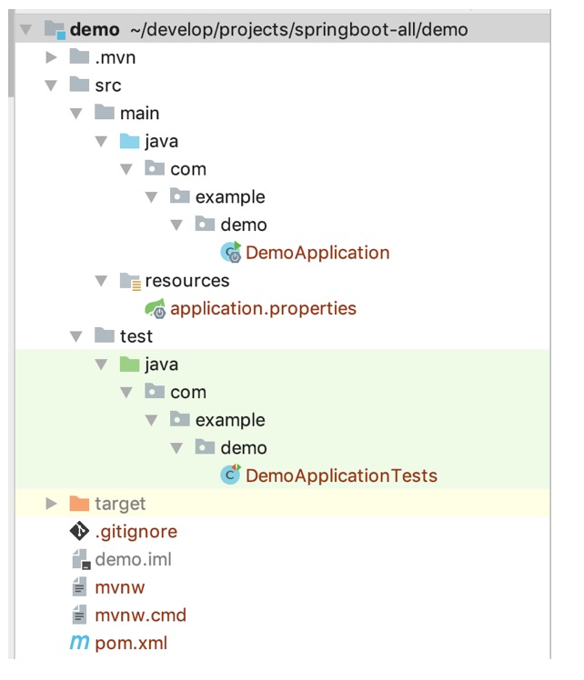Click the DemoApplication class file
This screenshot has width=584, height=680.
point(317,253)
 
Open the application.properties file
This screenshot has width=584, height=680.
point(263,308)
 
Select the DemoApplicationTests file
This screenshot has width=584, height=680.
point(341,475)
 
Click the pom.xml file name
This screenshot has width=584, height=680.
point(131,644)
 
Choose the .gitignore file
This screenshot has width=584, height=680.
point(136,532)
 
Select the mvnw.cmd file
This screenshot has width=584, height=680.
point(140,615)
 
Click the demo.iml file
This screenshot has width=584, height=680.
point(133,560)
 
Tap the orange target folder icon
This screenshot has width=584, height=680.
point(79,504)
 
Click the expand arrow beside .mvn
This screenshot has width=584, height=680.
point(52,58)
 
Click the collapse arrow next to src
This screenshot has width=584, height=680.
point(52,86)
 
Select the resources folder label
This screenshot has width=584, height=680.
point(186,281)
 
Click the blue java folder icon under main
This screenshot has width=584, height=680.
point(129,142)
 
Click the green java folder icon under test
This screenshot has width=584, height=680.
point(129,365)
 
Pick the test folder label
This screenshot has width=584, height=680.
point(136,336)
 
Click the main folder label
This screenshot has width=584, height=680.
point(139,114)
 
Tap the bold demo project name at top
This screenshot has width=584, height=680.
point(94,30)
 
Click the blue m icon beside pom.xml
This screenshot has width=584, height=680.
point(79,644)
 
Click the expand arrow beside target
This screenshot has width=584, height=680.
point(52,504)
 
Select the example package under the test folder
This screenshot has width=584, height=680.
point(230,420)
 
